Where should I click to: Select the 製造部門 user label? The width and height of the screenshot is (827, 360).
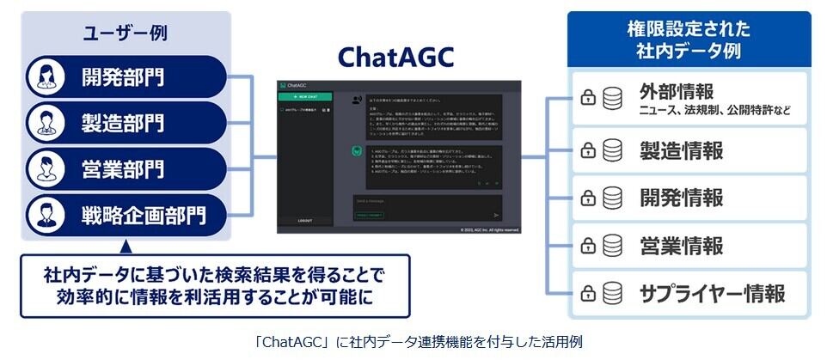(x=124, y=120)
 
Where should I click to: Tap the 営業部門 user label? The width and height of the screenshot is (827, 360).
(x=124, y=166)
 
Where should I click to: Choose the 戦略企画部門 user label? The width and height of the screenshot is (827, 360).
(x=144, y=211)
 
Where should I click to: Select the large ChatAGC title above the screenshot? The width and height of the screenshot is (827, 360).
(x=395, y=57)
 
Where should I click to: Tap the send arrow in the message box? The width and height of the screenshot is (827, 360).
(x=497, y=215)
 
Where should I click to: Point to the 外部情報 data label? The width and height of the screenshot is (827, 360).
(x=677, y=91)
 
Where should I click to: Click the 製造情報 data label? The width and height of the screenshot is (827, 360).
(x=681, y=151)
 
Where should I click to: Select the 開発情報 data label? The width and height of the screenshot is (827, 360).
(x=681, y=198)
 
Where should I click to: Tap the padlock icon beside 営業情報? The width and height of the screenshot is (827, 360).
(x=588, y=246)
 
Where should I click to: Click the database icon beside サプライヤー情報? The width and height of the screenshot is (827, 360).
(x=612, y=294)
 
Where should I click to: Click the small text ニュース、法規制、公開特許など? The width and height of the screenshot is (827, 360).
(x=714, y=111)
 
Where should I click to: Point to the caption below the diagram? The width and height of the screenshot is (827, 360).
(x=413, y=342)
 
